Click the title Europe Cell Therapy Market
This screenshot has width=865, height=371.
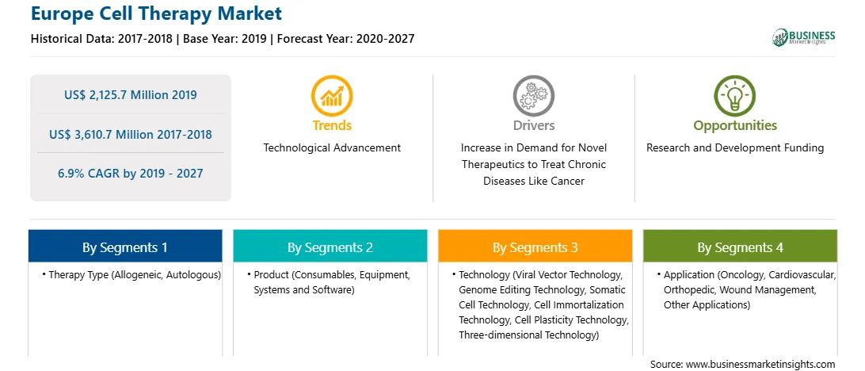coord(156,13)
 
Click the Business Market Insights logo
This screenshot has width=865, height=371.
coord(803,37)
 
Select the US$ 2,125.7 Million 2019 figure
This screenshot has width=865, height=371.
coord(130,94)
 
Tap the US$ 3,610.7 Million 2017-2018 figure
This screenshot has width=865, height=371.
coord(130,134)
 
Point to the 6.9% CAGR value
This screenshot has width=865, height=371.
coord(130,174)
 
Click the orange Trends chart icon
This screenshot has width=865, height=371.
coord(332,96)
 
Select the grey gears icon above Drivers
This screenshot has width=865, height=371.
coord(533,96)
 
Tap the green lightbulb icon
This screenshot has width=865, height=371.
coord(735,96)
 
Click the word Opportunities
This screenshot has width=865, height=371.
coord(735,125)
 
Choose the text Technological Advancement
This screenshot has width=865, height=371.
coord(332,147)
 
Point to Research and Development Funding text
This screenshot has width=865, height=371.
coord(735,147)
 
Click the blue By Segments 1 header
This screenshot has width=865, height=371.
coord(125,247)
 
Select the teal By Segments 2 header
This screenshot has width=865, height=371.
coord(330,247)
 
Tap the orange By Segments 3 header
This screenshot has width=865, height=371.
coord(535,247)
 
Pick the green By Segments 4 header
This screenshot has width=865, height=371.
coord(740,247)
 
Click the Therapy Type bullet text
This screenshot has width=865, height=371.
coord(131,274)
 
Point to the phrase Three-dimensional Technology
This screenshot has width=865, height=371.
coord(528,334)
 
